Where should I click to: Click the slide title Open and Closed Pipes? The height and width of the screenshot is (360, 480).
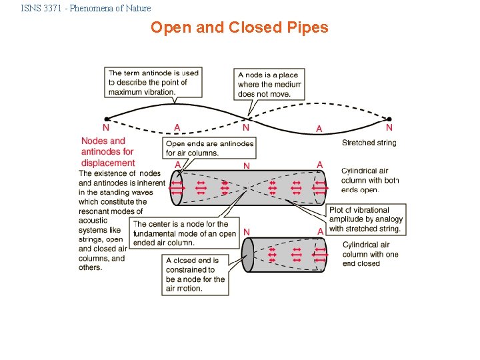click(239, 27)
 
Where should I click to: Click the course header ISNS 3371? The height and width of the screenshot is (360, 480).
click(86, 8)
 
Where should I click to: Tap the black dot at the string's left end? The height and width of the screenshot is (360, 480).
click(107, 119)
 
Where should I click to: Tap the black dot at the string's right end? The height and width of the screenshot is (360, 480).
click(389, 119)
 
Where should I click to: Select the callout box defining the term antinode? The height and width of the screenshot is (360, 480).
click(153, 83)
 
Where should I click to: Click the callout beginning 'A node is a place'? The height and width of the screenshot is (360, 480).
click(269, 84)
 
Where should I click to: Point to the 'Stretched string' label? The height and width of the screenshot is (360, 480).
click(369, 143)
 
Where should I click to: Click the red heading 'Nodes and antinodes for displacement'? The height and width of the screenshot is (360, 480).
click(107, 151)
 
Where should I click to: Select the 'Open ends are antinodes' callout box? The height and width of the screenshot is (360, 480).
click(209, 148)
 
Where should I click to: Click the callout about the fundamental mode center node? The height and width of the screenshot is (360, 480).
click(184, 233)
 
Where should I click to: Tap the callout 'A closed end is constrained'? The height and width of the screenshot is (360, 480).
click(195, 275)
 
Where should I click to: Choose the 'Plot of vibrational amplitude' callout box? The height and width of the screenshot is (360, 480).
click(366, 219)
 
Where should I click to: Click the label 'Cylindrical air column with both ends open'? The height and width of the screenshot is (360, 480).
click(370, 181)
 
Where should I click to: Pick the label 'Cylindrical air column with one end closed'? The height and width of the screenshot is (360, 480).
click(370, 254)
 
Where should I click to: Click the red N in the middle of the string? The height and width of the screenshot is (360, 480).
click(246, 127)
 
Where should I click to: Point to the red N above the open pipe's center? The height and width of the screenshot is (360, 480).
click(247, 165)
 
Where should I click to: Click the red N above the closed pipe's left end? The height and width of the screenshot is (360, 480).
click(247, 232)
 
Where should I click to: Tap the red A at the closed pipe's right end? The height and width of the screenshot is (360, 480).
click(321, 231)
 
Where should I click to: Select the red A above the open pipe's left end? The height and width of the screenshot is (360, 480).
click(177, 165)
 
